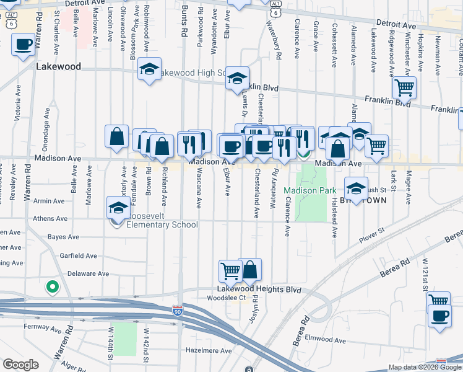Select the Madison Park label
(x=305, y=190)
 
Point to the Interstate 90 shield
(x=178, y=308)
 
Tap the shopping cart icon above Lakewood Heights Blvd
(x=230, y=270)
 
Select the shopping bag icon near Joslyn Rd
(x=250, y=270)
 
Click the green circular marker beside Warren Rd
(x=53, y=287)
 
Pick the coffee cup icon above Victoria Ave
(x=23, y=45)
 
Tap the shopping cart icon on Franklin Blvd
(x=404, y=88)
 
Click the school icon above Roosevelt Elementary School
(x=118, y=208)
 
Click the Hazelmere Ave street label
(x=209, y=351)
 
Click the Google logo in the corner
(x=21, y=365)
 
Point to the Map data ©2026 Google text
(x=424, y=367)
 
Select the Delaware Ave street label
(x=88, y=273)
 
